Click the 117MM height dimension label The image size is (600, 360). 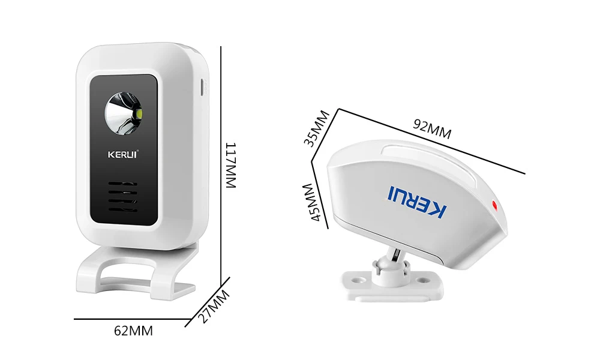(x=231, y=166)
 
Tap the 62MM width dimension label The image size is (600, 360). (x=133, y=331)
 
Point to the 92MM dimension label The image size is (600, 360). (x=432, y=130)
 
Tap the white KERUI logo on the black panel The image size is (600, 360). (x=123, y=154)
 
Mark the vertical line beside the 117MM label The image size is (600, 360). (x=222, y=162)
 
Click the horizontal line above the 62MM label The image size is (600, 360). (x=129, y=319)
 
